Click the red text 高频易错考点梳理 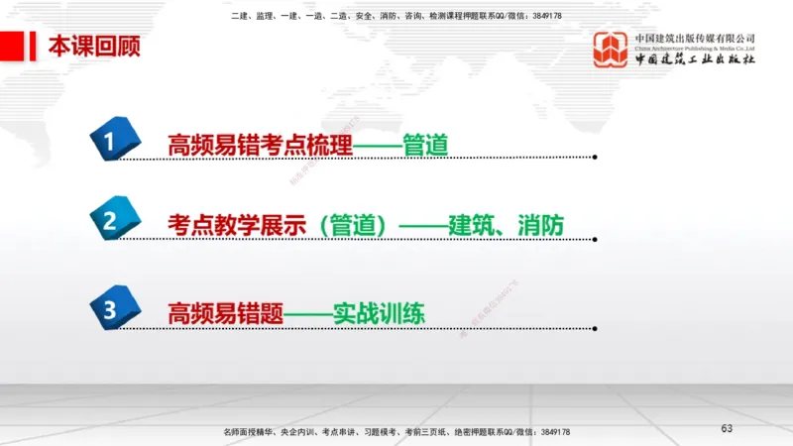[261, 146]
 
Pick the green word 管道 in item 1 [426, 146]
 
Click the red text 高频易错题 [225, 314]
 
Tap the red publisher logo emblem [611, 49]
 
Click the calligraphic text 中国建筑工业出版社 [695, 59]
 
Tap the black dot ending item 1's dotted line [595, 157]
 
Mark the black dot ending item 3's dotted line [595, 325]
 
